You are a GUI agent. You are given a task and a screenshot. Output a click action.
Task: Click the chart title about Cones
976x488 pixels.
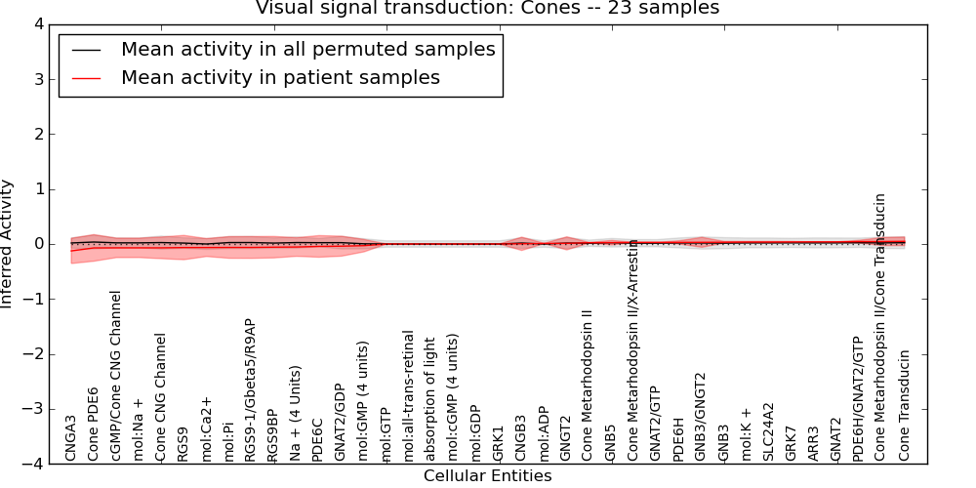[487, 8]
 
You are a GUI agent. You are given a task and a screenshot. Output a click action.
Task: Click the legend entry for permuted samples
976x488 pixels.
[307, 49]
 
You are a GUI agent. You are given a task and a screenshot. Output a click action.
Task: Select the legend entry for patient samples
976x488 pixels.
[280, 77]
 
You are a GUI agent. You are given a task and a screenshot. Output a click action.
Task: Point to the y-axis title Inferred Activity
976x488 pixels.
[8, 244]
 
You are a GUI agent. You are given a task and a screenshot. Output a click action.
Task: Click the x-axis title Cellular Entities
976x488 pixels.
[487, 475]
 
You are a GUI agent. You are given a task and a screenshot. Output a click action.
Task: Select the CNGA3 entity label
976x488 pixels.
[71, 437]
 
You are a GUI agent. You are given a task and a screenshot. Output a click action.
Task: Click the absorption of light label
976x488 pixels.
[430, 406]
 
